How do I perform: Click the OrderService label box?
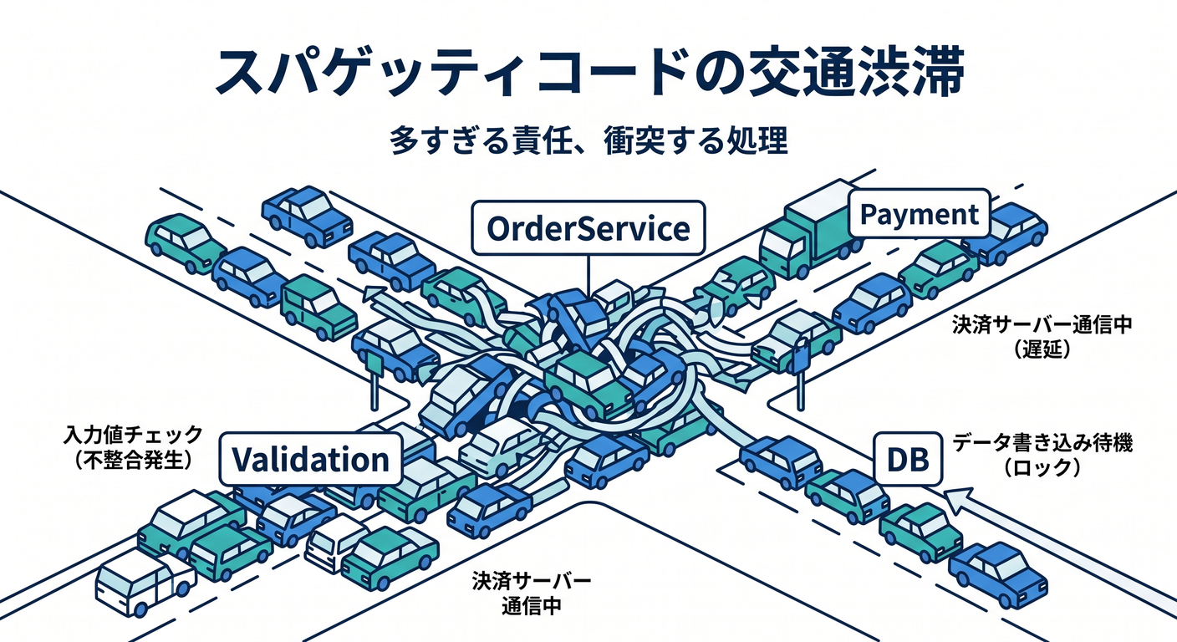pyautogui.click(x=588, y=228)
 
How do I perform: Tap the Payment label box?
pyautogui.click(x=919, y=214)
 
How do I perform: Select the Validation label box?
pyautogui.click(x=310, y=459)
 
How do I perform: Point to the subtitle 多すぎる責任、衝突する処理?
pyautogui.click(x=588, y=140)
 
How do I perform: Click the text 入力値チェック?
pyautogui.click(x=133, y=435)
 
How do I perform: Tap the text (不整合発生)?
pyautogui.click(x=133, y=461)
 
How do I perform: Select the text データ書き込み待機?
pyautogui.click(x=1042, y=443)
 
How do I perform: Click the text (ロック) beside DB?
pyautogui.click(x=1042, y=467)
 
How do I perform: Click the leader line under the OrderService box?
pyautogui.click(x=588, y=277)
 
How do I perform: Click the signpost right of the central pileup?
pyautogui.click(x=800, y=374)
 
